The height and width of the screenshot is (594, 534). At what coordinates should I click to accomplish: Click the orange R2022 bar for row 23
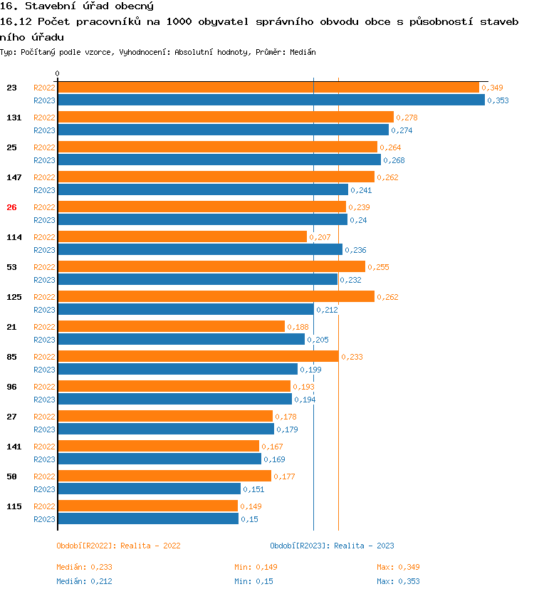click(268, 88)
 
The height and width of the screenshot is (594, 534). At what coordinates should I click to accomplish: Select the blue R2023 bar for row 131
click(223, 130)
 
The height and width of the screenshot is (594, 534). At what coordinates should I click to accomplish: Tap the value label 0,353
click(498, 100)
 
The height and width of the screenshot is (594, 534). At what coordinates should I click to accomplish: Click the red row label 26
click(11, 207)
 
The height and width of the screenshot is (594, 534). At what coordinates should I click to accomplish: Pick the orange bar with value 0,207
click(182, 237)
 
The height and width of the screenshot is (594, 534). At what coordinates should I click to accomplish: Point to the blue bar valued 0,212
click(185, 310)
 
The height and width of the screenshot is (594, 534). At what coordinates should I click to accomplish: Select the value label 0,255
click(378, 267)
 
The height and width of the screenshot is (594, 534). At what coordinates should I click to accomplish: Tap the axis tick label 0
click(58, 74)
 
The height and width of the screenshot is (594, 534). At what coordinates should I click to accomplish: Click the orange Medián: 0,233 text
click(84, 567)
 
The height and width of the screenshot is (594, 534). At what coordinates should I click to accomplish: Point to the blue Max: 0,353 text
click(398, 581)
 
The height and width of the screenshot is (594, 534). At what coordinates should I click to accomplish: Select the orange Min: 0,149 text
click(256, 567)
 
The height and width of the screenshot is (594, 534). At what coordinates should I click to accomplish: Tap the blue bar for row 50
click(149, 489)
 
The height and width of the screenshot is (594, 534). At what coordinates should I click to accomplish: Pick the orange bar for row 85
click(198, 357)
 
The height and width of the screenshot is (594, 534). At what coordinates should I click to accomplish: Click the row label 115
click(14, 506)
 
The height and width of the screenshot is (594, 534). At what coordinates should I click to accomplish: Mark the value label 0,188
click(298, 327)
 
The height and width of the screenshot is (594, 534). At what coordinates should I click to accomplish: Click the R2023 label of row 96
click(44, 400)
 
